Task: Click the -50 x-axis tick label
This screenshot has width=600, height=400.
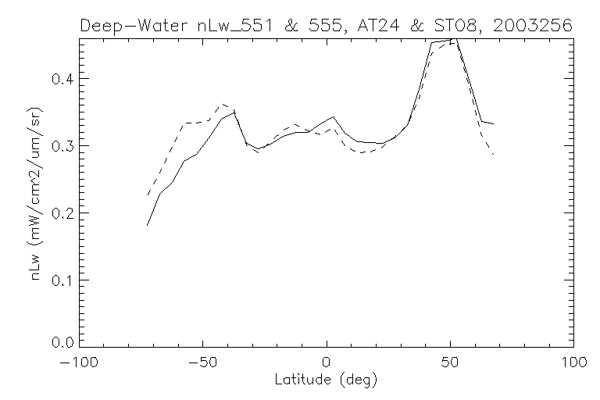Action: click(x=202, y=365)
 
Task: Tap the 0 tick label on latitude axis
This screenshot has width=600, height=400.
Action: click(x=327, y=365)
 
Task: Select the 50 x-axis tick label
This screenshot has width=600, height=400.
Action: click(x=450, y=365)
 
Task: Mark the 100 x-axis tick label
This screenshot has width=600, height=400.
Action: click(x=573, y=365)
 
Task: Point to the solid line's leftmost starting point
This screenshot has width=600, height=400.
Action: click(x=147, y=225)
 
